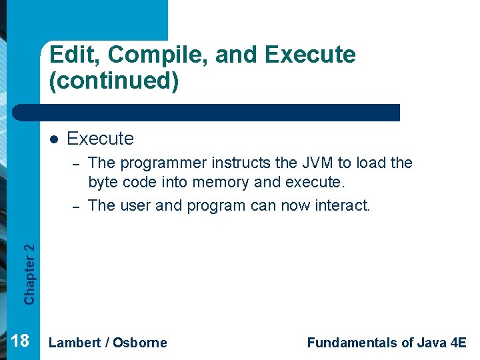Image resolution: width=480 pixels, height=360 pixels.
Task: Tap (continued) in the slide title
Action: [113, 81]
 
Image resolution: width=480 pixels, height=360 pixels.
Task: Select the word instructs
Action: [239, 163]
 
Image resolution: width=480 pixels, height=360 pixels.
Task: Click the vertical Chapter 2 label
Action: [29, 273]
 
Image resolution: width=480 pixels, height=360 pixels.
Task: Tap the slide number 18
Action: [21, 341]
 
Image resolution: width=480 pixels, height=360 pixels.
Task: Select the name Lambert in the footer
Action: [75, 343]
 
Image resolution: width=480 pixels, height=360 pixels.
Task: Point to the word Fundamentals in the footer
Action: [352, 343]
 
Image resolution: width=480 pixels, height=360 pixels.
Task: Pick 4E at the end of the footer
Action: [459, 343]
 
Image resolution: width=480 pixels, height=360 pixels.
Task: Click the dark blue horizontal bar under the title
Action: [220, 113]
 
